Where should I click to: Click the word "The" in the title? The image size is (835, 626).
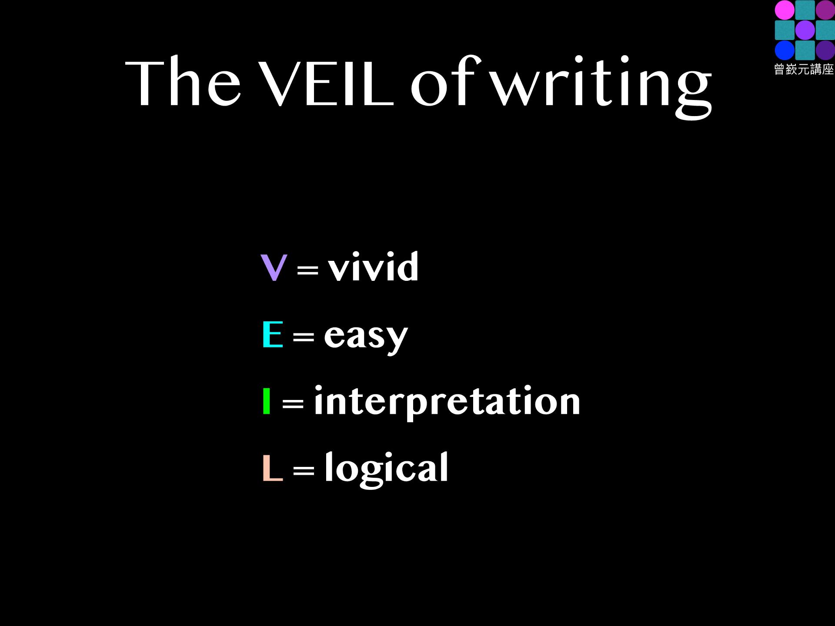[x=183, y=82]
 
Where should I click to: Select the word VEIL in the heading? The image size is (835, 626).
[x=326, y=83]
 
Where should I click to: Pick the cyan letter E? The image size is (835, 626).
[x=273, y=334]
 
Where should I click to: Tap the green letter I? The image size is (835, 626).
[x=267, y=401]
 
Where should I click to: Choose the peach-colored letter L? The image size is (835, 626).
[x=273, y=468]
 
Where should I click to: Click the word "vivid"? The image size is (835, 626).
[x=373, y=266]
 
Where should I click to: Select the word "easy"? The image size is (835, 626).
[x=366, y=337]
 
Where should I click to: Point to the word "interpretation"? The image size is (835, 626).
[x=447, y=402]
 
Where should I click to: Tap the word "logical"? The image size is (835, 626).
[x=386, y=469]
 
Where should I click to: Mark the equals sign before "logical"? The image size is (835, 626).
[x=304, y=470]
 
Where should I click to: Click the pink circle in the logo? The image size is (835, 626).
[x=785, y=10]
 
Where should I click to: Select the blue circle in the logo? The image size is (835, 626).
[x=785, y=50]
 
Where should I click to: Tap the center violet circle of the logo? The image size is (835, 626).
[x=805, y=30]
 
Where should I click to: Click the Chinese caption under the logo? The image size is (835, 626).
[x=804, y=70]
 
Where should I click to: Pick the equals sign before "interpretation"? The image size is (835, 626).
[x=293, y=404]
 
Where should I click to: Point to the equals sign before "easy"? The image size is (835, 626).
[x=304, y=337]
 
